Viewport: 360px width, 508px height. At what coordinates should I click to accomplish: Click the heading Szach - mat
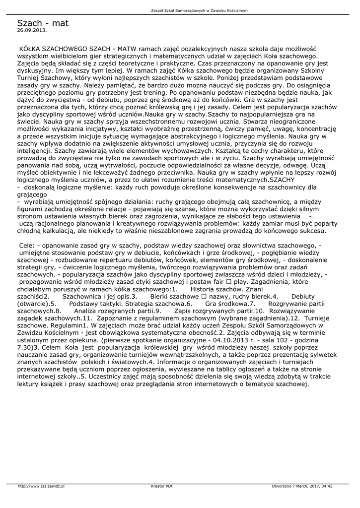click(x=43, y=23)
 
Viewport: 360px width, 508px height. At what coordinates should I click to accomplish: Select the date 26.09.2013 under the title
click(x=32, y=30)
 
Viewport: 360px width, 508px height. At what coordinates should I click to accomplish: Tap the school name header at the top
click(x=198, y=10)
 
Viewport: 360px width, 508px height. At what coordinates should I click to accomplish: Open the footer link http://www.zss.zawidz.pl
click(x=41, y=486)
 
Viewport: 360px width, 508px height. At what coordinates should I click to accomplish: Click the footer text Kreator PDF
click(x=162, y=486)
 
